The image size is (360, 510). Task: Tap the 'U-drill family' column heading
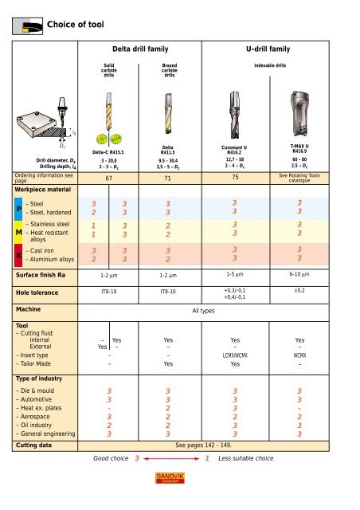279,49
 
